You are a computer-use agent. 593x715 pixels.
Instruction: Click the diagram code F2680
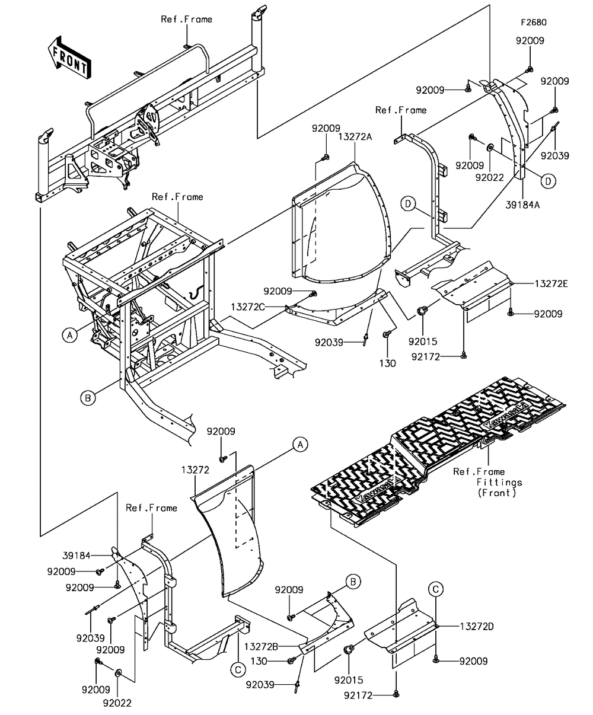pyautogui.click(x=533, y=23)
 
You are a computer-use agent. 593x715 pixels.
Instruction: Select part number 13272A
pyautogui.click(x=355, y=136)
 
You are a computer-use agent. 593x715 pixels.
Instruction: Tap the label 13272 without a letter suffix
pyautogui.click(x=195, y=469)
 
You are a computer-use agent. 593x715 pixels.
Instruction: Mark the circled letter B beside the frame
pyautogui.click(x=87, y=398)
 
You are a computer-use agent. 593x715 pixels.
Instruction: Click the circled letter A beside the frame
pyautogui.click(x=69, y=335)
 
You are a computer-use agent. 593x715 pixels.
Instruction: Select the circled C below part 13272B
pyautogui.click(x=237, y=669)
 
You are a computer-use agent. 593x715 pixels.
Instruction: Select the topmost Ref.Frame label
pyautogui.click(x=186, y=20)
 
